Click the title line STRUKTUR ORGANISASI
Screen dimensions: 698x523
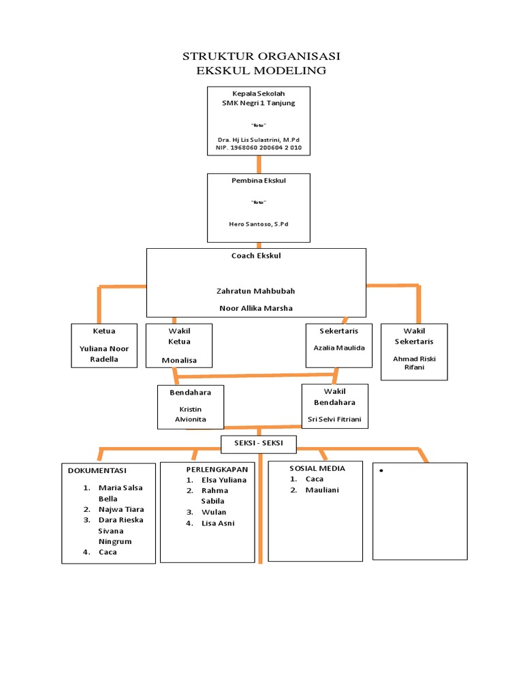pyautogui.click(x=261, y=56)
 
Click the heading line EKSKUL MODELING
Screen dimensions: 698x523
pyautogui.click(x=261, y=70)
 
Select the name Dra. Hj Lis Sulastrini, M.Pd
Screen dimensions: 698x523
pyautogui.click(x=258, y=139)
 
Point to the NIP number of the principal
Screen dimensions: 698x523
pyautogui.click(x=258, y=147)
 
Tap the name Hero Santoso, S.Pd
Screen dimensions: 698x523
pyautogui.click(x=258, y=224)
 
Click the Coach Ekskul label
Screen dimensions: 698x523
pyautogui.click(x=256, y=256)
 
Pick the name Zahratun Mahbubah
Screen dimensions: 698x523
pyautogui.click(x=256, y=291)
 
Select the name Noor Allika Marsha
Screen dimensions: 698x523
pyautogui.click(x=256, y=307)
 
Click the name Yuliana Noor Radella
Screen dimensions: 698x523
pyautogui.click(x=104, y=354)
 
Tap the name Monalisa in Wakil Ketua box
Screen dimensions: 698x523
pyautogui.click(x=178, y=360)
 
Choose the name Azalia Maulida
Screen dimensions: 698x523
pyautogui.click(x=339, y=348)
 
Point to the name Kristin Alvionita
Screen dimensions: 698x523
pyautogui.click(x=190, y=414)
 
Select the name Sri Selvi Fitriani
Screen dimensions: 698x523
pyautogui.click(x=334, y=419)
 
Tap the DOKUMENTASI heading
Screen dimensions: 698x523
pyautogui.click(x=97, y=470)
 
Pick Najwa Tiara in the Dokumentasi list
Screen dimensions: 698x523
pyautogui.click(x=121, y=509)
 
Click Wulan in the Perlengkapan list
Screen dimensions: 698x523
pyautogui.click(x=214, y=512)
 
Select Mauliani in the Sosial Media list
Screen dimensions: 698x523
pyautogui.click(x=322, y=490)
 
